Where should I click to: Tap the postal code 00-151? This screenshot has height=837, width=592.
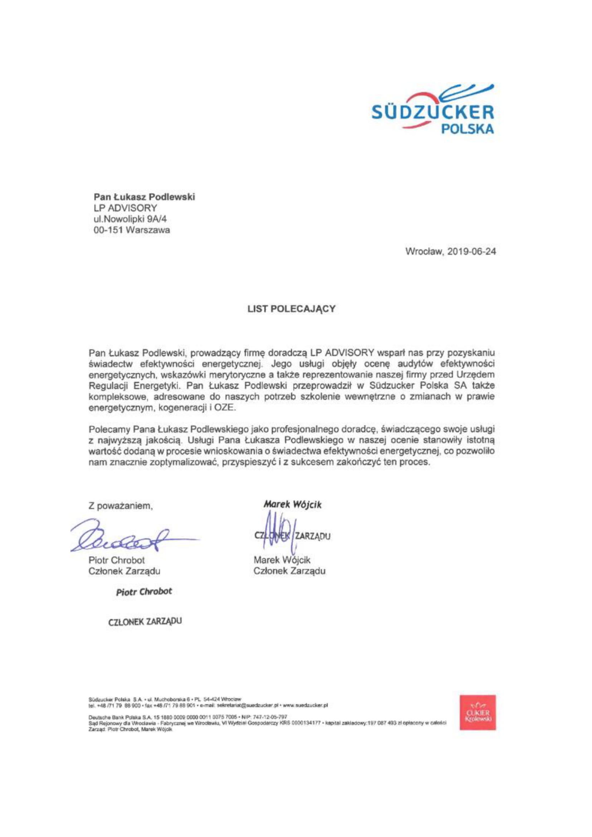[x=107, y=230]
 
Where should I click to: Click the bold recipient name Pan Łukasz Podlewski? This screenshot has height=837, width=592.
[x=144, y=197]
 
